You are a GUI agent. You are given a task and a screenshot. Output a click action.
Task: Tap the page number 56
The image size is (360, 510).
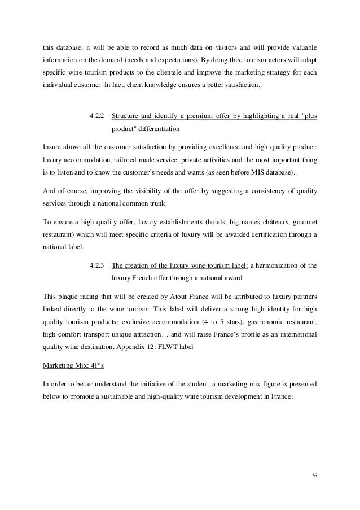coord(314,476)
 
